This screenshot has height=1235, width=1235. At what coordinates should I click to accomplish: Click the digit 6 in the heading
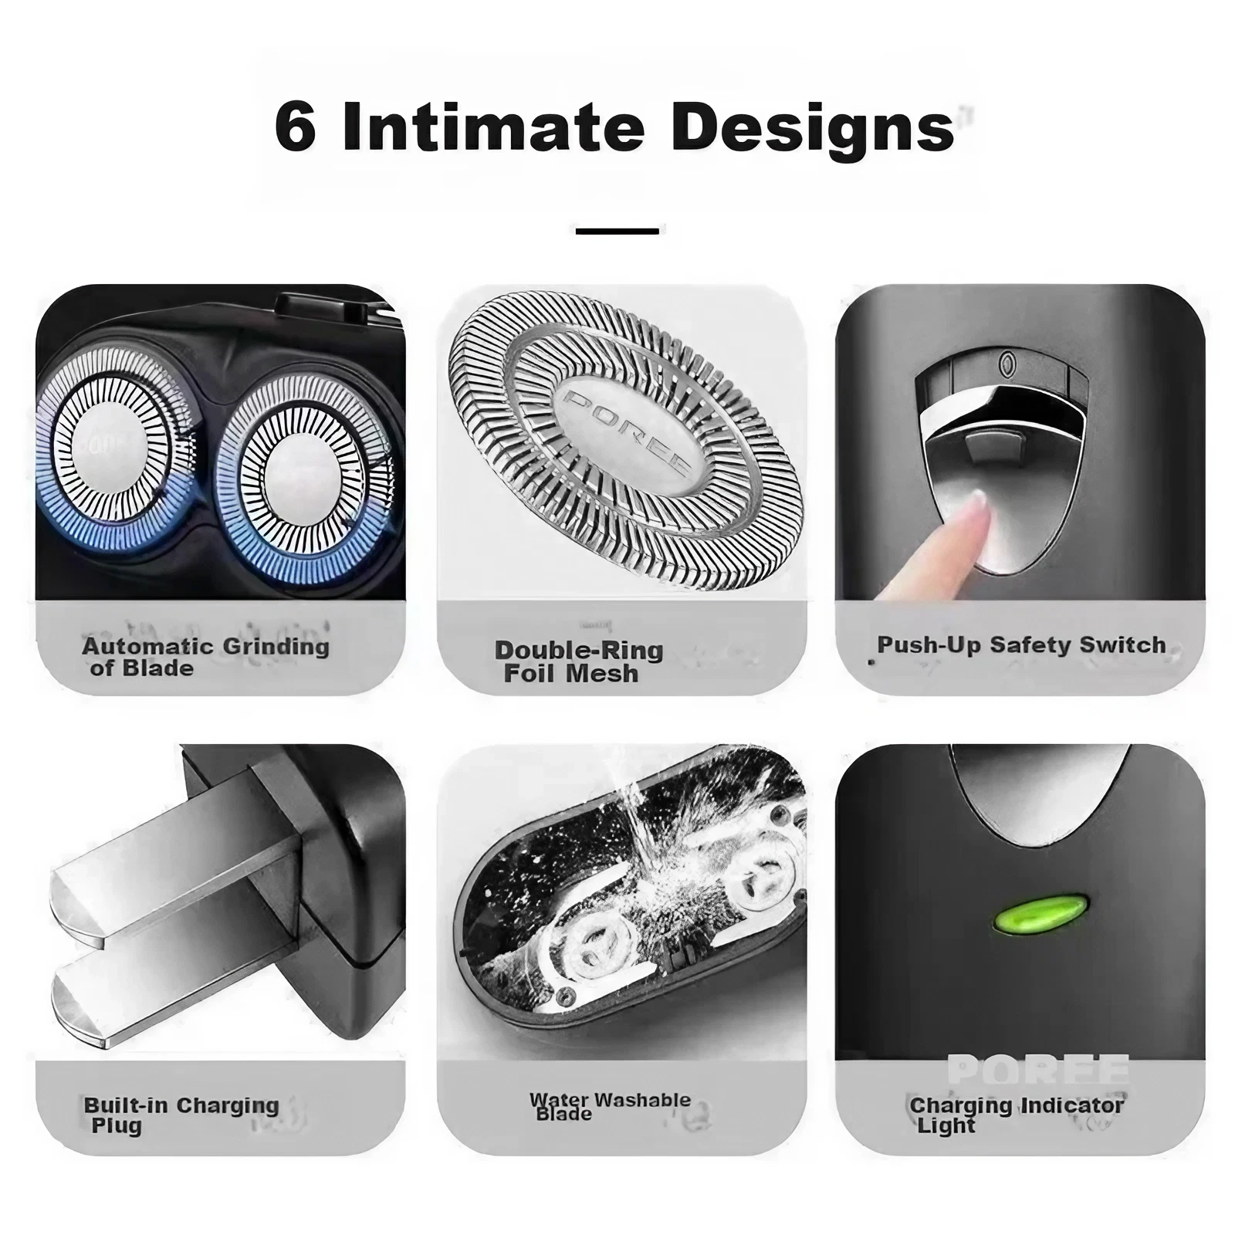point(296,127)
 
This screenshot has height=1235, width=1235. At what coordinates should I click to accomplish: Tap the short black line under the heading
point(617,231)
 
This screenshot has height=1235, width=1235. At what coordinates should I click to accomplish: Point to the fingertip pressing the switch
point(979,506)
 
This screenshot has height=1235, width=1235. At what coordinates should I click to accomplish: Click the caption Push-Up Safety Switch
point(1021,645)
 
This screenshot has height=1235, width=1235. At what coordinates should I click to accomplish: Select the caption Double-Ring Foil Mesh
point(578,661)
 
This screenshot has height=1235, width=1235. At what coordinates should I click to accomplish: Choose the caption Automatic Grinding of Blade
point(205,657)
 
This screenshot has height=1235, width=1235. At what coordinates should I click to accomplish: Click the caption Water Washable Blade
point(610,1105)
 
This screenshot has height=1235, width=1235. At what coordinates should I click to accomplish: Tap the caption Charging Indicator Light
point(1017,1115)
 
